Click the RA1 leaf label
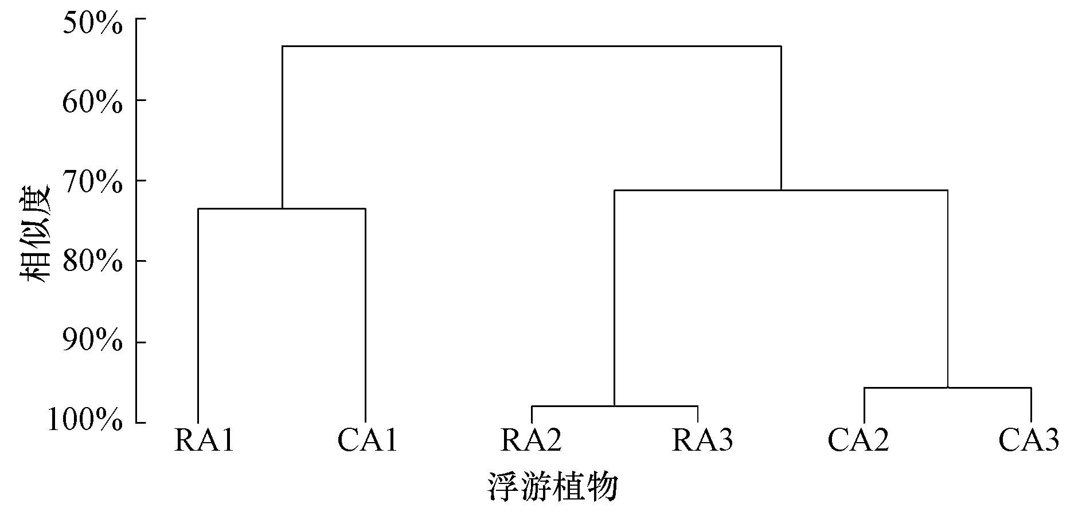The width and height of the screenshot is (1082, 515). coord(204,441)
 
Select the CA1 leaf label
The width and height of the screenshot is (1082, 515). coord(368,441)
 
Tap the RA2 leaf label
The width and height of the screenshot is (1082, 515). coord(531,441)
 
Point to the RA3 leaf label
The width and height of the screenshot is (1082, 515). coord(702,441)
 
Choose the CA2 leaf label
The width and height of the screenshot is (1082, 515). coord(858,441)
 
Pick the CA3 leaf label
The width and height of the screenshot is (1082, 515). coord(1029,441)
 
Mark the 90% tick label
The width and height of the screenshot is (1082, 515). coord(92,343)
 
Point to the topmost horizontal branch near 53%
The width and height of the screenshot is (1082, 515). coord(532,46)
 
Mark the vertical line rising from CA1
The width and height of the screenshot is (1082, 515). coord(365,316)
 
